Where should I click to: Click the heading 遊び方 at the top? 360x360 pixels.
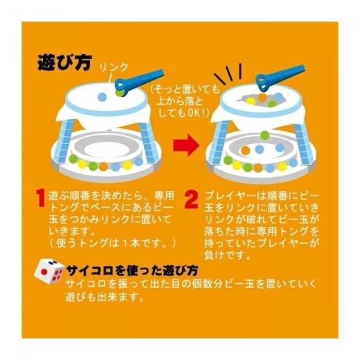click(x=65, y=62)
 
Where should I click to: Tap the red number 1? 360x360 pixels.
click(x=41, y=198)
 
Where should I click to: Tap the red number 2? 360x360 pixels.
click(x=191, y=200)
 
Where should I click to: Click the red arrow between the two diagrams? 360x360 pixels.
click(x=186, y=145)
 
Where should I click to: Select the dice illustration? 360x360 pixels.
click(x=49, y=272)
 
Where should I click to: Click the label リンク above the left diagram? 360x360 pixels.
click(x=113, y=67)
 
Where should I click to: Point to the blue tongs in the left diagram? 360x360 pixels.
click(x=139, y=82)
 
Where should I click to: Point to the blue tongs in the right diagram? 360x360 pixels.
click(x=279, y=77)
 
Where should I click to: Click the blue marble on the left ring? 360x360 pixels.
click(x=102, y=97)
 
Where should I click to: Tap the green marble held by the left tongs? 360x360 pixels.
click(x=119, y=92)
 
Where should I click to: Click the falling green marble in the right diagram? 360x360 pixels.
click(x=265, y=135)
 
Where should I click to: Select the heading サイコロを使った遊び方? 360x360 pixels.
click(x=132, y=271)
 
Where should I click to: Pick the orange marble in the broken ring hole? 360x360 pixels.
click(x=262, y=97)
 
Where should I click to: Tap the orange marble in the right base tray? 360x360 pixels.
click(x=245, y=151)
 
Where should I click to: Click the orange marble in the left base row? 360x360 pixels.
click(x=104, y=166)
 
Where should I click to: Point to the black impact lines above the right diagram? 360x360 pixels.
click(x=228, y=74)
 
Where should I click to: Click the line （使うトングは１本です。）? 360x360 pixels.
click(x=113, y=243)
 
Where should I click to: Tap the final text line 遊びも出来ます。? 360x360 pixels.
click(x=104, y=298)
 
